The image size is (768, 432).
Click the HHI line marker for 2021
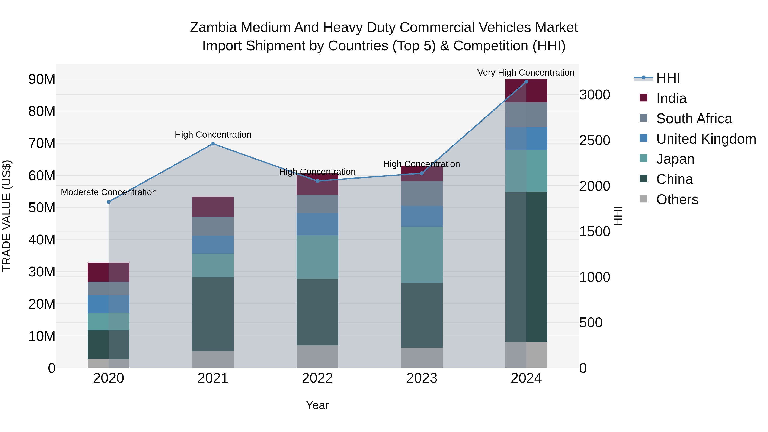tap(213, 144)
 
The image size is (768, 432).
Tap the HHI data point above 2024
tap(526, 82)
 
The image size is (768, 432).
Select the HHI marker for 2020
tap(109, 202)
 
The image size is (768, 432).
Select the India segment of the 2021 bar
tap(213, 206)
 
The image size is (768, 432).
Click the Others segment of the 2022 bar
tap(317, 356)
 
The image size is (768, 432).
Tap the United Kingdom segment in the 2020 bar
tap(109, 304)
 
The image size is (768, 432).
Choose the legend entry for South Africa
tap(694, 119)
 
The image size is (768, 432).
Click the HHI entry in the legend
tap(668, 78)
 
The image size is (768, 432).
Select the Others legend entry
tap(677, 199)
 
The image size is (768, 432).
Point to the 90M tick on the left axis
tap(42, 79)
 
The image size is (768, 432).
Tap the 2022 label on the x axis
tap(317, 378)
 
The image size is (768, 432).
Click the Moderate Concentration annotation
tap(109, 192)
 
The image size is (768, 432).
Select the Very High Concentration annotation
tap(526, 73)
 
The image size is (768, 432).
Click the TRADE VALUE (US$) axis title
tap(7, 216)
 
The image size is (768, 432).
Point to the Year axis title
tap(317, 405)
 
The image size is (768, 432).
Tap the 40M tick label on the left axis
tap(42, 240)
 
